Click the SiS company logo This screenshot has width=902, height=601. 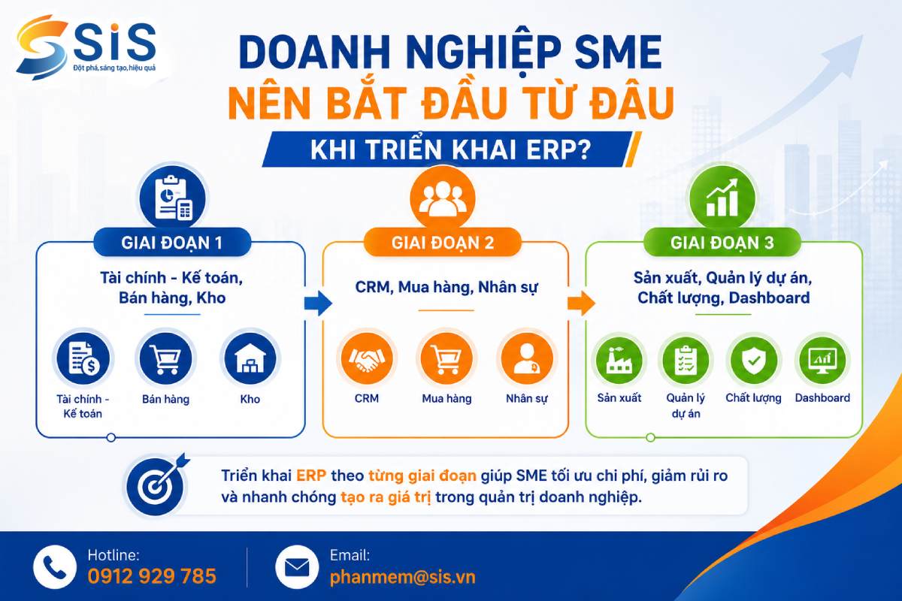click(x=86, y=47)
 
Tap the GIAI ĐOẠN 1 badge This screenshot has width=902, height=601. click(x=172, y=243)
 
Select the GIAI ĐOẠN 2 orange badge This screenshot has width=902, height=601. click(x=443, y=243)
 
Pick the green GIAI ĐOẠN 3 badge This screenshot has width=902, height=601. click(x=722, y=243)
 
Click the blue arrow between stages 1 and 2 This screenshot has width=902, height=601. click(x=318, y=303)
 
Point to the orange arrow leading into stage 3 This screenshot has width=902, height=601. click(x=582, y=303)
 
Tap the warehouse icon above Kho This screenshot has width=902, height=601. click(x=250, y=358)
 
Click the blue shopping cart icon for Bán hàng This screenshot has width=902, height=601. click(x=165, y=358)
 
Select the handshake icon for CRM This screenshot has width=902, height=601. click(x=367, y=358)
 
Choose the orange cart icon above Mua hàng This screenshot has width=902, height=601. click(x=446, y=358)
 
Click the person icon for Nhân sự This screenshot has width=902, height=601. click(x=527, y=358)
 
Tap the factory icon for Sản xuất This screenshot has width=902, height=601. click(x=619, y=359)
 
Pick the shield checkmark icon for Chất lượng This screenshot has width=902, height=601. click(x=754, y=359)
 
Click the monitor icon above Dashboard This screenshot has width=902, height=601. click(x=822, y=359)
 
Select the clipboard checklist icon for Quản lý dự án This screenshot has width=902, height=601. click(x=686, y=359)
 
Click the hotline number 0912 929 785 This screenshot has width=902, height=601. click(x=152, y=576)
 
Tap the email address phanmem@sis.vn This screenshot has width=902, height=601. click(x=402, y=577)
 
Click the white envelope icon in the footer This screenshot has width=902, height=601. click(x=297, y=568)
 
